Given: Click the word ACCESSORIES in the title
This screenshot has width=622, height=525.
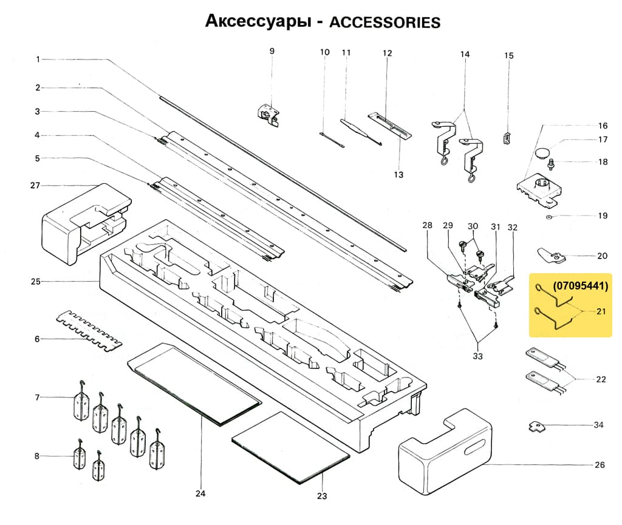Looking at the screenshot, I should coord(384,22).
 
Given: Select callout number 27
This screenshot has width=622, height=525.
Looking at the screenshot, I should coord(35,185).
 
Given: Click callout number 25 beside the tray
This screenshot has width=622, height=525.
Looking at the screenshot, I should coord(35,282).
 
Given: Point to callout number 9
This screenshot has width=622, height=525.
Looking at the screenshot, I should coord(272,51).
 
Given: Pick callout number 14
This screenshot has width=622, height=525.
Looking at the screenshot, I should coord(465,55).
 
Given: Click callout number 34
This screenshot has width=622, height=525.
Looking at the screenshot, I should coord(599,425).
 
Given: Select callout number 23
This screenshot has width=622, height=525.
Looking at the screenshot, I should coord(322,496).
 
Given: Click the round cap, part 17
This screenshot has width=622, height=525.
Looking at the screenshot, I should coord(542,150).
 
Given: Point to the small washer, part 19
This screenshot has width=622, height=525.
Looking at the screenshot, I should coord(549,216).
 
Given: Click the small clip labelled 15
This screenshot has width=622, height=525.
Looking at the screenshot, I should coord(507,138).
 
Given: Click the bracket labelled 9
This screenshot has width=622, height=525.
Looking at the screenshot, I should coord(268,113).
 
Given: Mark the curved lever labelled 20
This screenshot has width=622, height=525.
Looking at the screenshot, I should coord(551,257).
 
